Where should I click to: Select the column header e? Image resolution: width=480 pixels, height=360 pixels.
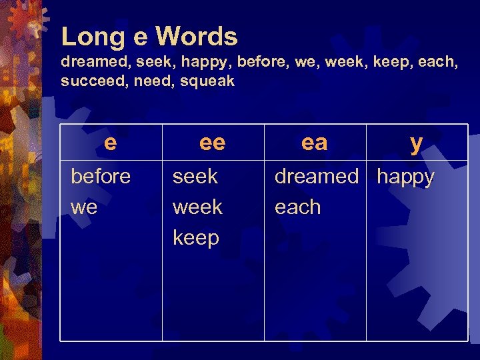click(111, 142)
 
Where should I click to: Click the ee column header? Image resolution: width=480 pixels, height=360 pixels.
click(213, 142)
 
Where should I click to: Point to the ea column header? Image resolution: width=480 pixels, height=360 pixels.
click(315, 142)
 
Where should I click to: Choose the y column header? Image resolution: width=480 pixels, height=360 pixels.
click(416, 142)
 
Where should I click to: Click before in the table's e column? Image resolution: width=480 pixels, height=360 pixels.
click(101, 177)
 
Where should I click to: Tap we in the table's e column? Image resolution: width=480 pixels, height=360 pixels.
click(84, 207)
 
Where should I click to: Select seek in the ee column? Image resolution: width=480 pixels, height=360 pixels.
click(195, 177)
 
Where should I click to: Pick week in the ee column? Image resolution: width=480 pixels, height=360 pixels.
click(197, 207)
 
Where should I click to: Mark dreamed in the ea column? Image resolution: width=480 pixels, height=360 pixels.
click(317, 177)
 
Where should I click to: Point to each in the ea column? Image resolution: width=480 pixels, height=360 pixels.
click(297, 207)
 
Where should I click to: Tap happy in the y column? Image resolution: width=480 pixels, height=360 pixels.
click(405, 177)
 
